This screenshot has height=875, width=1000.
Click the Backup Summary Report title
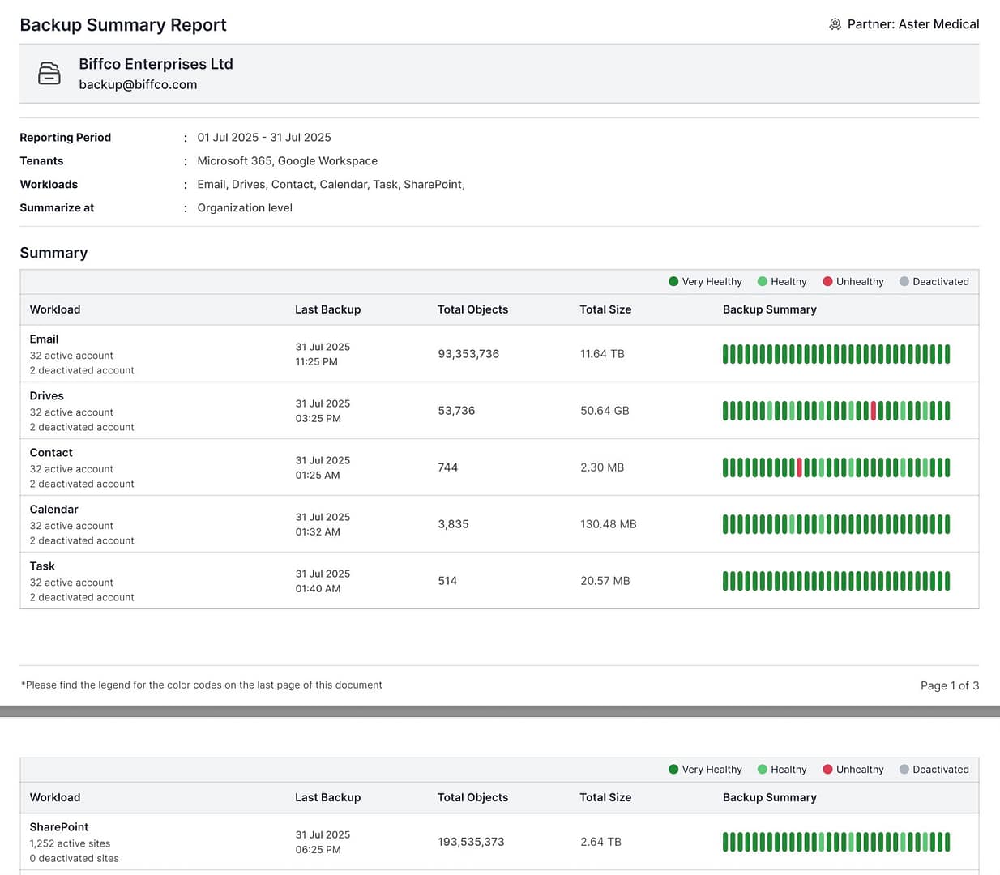point(122,24)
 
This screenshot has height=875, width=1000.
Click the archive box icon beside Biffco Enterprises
point(49,73)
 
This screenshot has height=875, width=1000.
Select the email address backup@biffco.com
point(138,84)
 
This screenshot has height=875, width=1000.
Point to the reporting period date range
point(264,137)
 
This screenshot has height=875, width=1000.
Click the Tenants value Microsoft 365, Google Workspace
point(288,160)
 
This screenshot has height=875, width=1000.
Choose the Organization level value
point(245,207)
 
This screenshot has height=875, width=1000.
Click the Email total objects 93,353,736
point(468,354)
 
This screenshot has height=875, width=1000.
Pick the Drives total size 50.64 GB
point(605,411)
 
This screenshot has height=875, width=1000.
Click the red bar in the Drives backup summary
point(874,411)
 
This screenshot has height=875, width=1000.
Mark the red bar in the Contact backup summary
point(799,467)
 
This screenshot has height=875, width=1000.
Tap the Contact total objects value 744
point(447,467)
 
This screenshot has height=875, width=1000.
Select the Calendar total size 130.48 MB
point(609,523)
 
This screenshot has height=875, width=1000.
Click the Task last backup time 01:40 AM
point(318,589)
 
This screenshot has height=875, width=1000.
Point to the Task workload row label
point(42,566)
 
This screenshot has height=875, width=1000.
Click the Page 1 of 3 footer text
point(950,685)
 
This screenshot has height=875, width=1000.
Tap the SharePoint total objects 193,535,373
point(471,841)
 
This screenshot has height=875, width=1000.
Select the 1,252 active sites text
point(70,843)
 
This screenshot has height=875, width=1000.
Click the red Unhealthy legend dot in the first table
point(827,281)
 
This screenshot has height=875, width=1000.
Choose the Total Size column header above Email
point(605,309)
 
